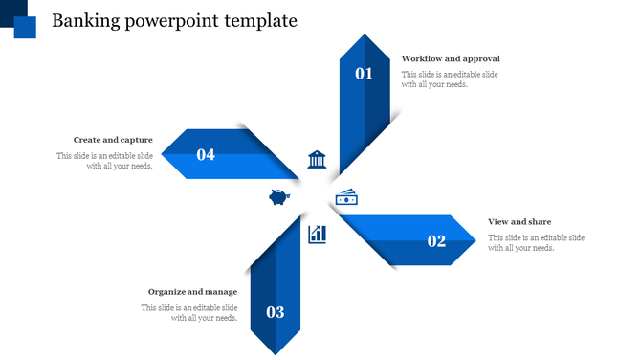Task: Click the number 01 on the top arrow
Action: point(364,73)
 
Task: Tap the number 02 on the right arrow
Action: point(436,241)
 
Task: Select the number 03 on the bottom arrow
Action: point(276,312)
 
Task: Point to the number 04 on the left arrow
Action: point(206,154)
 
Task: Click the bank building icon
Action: point(317,159)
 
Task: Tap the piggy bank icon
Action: point(279,197)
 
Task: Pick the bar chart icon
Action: point(317,234)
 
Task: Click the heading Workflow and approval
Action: point(451,59)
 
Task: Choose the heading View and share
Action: point(519,222)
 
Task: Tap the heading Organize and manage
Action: point(192,291)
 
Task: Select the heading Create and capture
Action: point(113,140)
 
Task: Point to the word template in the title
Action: point(260,20)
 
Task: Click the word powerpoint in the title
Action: point(170,20)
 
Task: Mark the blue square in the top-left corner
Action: point(25,26)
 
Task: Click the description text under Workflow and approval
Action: point(450,79)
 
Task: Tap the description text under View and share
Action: point(536,242)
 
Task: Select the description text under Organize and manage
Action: point(189,313)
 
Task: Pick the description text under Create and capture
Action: point(104,161)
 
